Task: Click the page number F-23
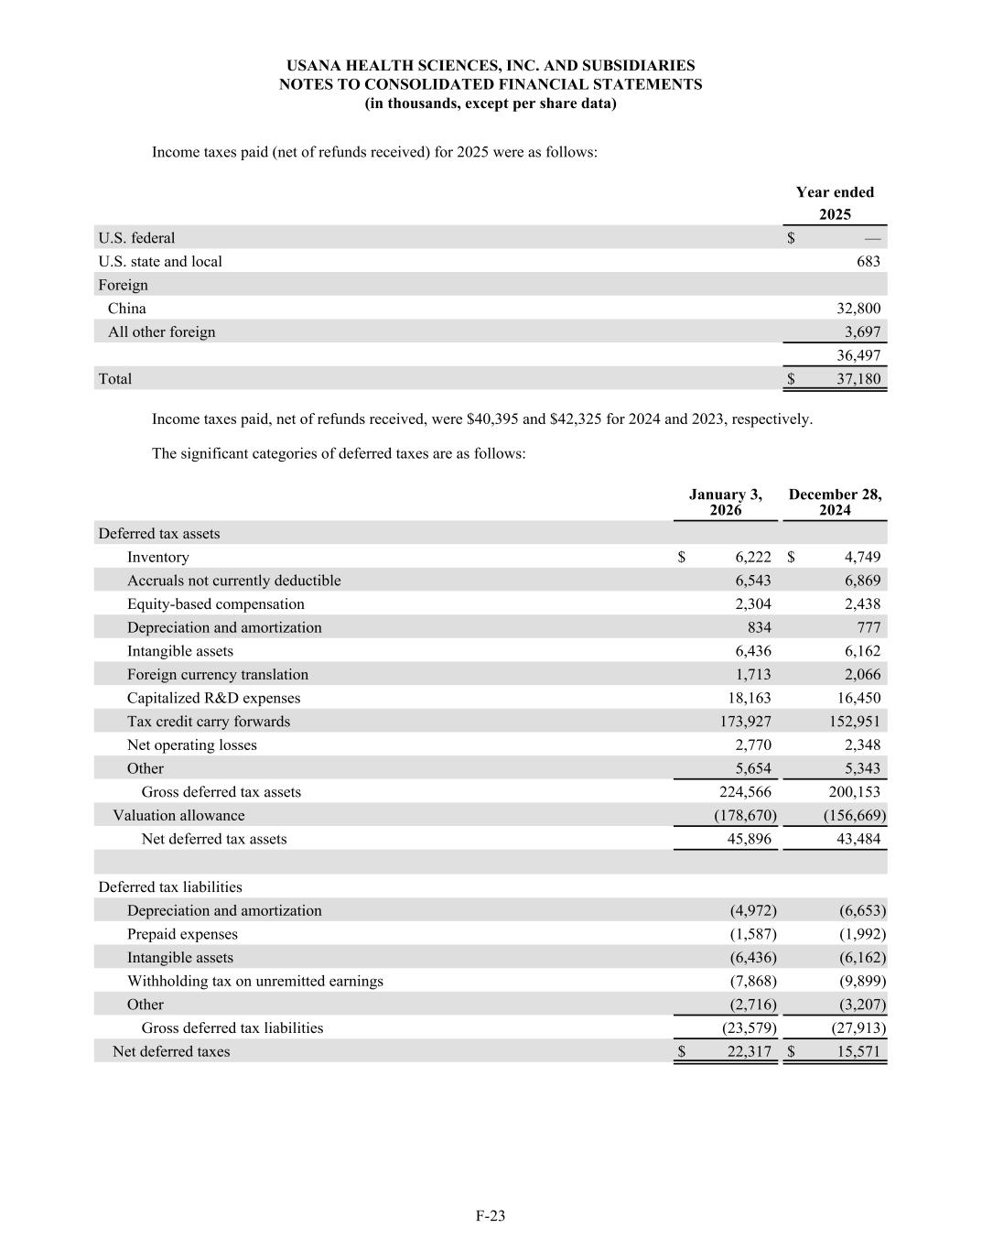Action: (x=491, y=1216)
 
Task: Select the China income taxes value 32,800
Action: (x=858, y=309)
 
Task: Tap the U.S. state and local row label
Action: (x=160, y=262)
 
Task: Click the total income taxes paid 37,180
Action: (x=858, y=379)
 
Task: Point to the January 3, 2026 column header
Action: (x=725, y=502)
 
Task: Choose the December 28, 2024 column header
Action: (x=835, y=502)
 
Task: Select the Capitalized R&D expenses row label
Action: (x=213, y=698)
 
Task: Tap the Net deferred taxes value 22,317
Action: (x=749, y=1051)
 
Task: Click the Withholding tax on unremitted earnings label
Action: (x=254, y=981)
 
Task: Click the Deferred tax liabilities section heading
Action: (x=170, y=886)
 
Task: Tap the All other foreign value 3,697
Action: (x=861, y=332)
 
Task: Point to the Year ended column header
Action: (x=835, y=192)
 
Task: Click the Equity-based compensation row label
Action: (x=215, y=604)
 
